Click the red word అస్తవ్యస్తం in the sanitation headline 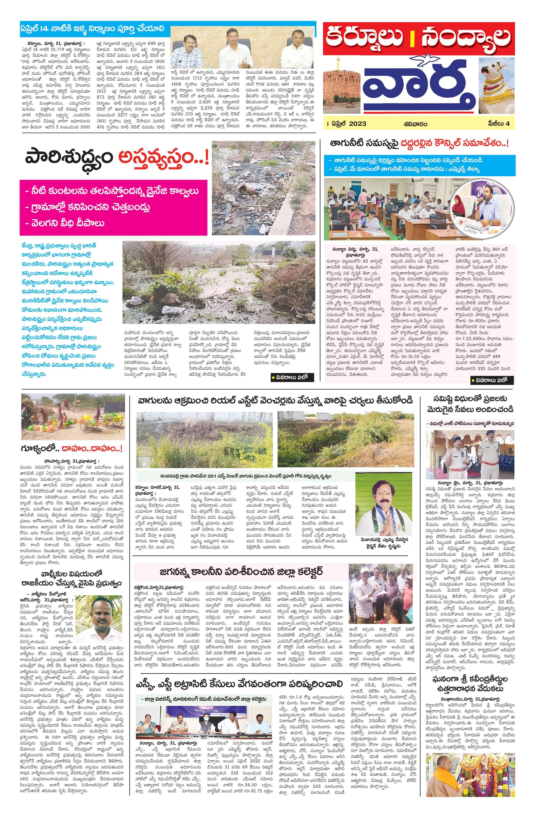[161, 159]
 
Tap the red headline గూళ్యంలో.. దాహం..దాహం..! [72, 449]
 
